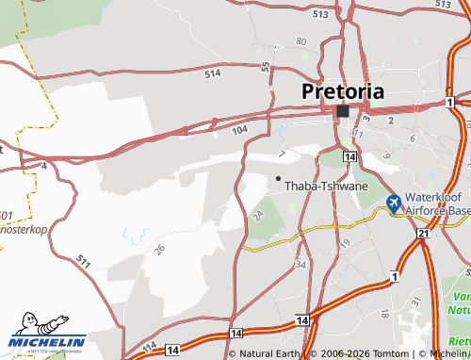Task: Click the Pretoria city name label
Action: [343, 91]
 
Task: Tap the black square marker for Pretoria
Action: [343, 111]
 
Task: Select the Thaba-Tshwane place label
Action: [326, 186]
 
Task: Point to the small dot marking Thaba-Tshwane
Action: [278, 177]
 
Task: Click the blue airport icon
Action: [395, 203]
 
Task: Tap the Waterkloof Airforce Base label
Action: [436, 205]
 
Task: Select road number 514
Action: [211, 72]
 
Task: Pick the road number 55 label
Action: [267, 68]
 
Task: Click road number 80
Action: [300, 41]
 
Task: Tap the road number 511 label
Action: [85, 260]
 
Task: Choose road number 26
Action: [160, 249]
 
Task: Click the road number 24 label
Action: [258, 216]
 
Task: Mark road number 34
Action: [300, 264]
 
